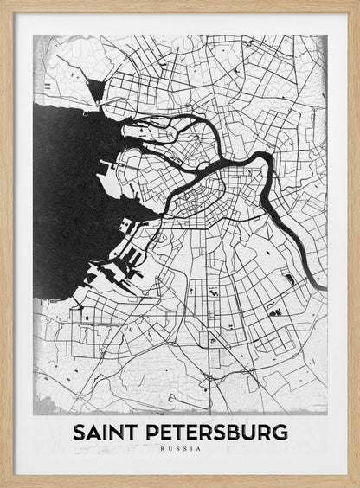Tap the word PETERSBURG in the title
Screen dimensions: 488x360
tap(215, 432)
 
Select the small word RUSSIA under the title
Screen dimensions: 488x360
tap(180, 448)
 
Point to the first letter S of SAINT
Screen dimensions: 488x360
tap(79, 432)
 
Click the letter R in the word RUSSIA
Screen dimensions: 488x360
tap(163, 448)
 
